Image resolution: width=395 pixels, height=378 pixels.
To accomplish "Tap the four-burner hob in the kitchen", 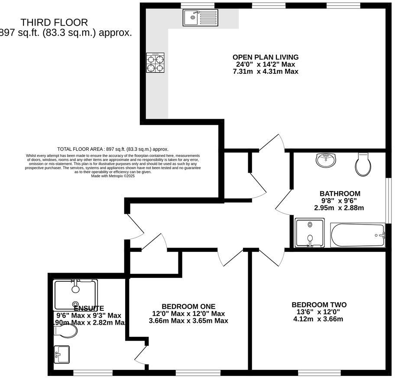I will pyautogui.click(x=155, y=62).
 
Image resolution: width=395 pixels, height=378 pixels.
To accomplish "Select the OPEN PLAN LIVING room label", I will pyautogui.click(x=265, y=57).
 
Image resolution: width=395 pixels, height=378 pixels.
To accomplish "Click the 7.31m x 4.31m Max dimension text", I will pyautogui.click(x=265, y=71).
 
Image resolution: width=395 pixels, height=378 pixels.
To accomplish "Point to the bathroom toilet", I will pyautogui.click(x=363, y=164).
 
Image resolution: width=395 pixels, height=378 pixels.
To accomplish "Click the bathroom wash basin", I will pyautogui.click(x=326, y=160).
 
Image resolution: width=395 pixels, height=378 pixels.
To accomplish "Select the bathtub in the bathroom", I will pyautogui.click(x=357, y=235).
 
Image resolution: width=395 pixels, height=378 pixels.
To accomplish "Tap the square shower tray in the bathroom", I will pyautogui.click(x=309, y=233).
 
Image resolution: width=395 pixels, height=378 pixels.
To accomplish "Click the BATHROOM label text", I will pyautogui.click(x=340, y=193).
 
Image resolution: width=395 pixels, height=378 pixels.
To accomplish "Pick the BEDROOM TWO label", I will pyautogui.click(x=319, y=305).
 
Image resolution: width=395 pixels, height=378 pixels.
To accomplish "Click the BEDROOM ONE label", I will pyautogui.click(x=188, y=306).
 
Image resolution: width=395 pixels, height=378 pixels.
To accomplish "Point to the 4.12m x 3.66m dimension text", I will pyautogui.click(x=318, y=319).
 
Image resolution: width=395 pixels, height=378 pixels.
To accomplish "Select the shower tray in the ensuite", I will pyautogui.click(x=75, y=295).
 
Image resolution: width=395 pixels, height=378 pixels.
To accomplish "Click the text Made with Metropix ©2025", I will pyautogui.click(x=113, y=176).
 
